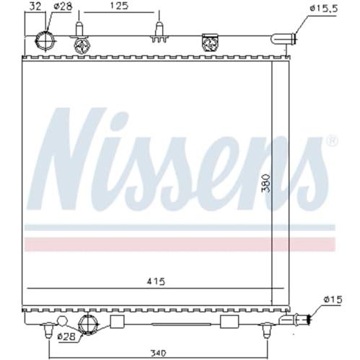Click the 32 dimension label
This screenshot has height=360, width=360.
(35, 6)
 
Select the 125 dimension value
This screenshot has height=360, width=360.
(119, 6)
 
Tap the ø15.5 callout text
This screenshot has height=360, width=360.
(324, 9)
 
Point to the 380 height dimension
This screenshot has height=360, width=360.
(266, 183)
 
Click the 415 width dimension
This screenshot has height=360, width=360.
(157, 281)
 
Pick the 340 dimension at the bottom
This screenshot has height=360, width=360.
(159, 353)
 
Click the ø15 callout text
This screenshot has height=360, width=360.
(333, 299)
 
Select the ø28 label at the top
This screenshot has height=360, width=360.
(63, 6)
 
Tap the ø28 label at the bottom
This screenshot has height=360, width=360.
(66, 336)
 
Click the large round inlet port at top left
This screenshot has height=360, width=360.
(45, 40)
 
